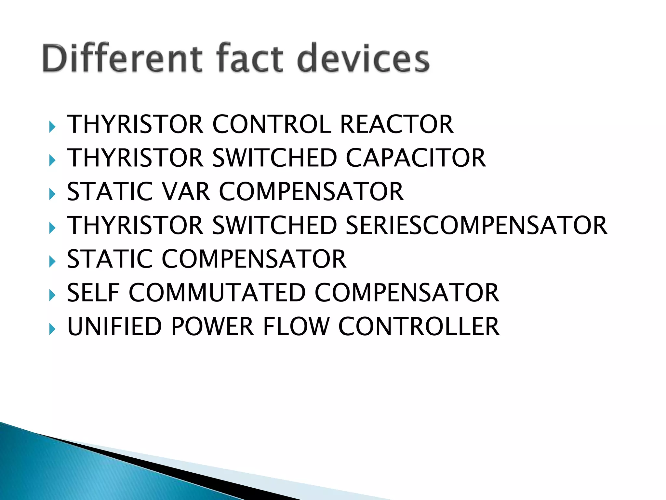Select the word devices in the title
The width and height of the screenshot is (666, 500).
point(363,59)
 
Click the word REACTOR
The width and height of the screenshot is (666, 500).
point(396,124)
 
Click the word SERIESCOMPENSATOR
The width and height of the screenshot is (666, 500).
point(476,225)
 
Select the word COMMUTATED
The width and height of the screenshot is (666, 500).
point(217,293)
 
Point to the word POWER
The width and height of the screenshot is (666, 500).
point(212,326)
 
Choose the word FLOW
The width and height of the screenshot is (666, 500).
point(296,326)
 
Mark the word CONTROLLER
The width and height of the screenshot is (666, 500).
point(419,326)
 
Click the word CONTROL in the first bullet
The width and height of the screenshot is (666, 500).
point(272,124)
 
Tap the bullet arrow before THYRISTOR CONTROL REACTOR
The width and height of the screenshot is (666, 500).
point(52,127)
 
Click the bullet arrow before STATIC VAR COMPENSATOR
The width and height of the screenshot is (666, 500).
point(52,194)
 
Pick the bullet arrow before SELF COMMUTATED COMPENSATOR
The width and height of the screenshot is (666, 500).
point(52,295)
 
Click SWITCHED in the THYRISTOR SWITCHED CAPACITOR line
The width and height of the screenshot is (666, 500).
point(275,158)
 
